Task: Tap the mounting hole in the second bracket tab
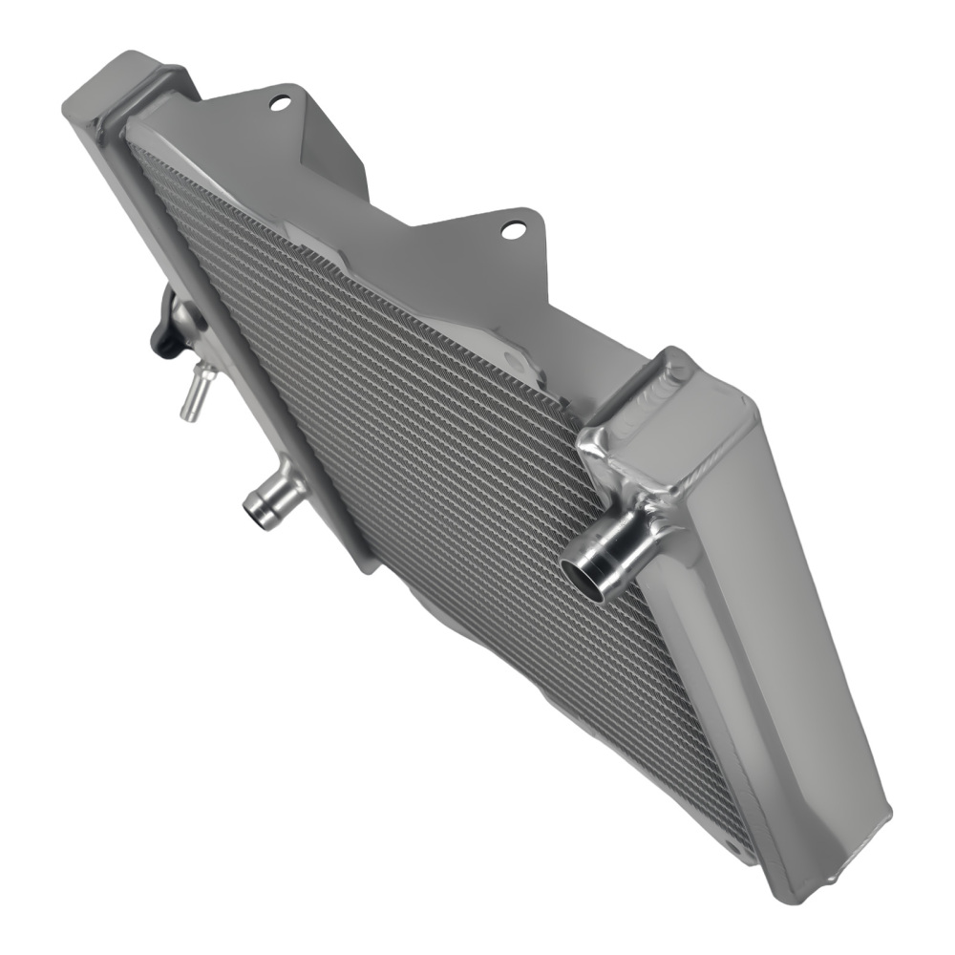[513, 229]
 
